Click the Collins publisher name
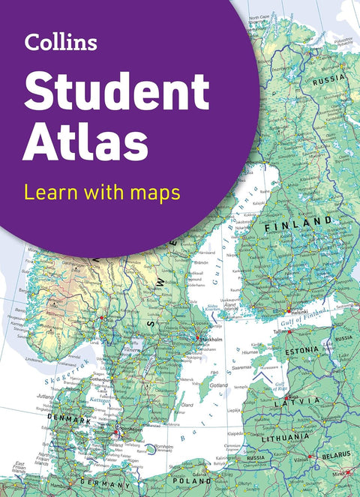[x=61, y=43]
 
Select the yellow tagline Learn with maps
[x=102, y=193]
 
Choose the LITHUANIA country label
[x=285, y=436]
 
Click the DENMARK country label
[x=68, y=420]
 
